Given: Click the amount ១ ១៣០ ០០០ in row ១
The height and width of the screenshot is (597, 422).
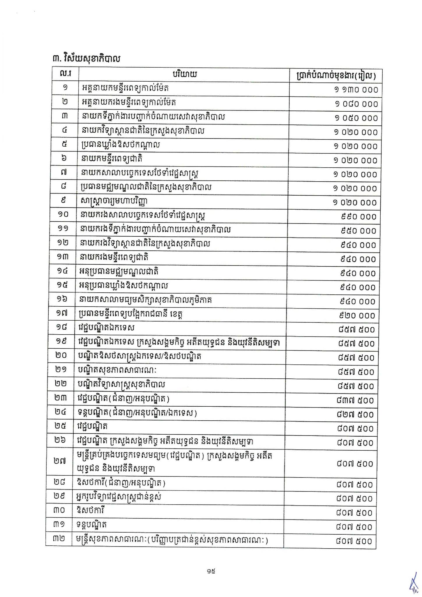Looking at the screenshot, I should coord(356,89).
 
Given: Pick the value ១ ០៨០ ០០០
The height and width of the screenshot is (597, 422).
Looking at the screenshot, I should coord(356,104).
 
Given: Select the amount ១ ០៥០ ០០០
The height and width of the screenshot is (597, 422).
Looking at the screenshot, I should coord(356,118).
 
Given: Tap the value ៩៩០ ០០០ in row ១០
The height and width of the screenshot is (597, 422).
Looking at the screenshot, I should coord(359,217).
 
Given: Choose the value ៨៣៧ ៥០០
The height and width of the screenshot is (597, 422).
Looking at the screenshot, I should coord(356,400).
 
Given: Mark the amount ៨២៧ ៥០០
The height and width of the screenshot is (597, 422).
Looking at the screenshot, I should coord(356,415).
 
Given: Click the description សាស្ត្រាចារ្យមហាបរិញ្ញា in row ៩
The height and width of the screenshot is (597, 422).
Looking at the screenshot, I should coord(114,201).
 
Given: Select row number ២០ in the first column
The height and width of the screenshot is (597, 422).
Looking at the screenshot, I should coord(61,355).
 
